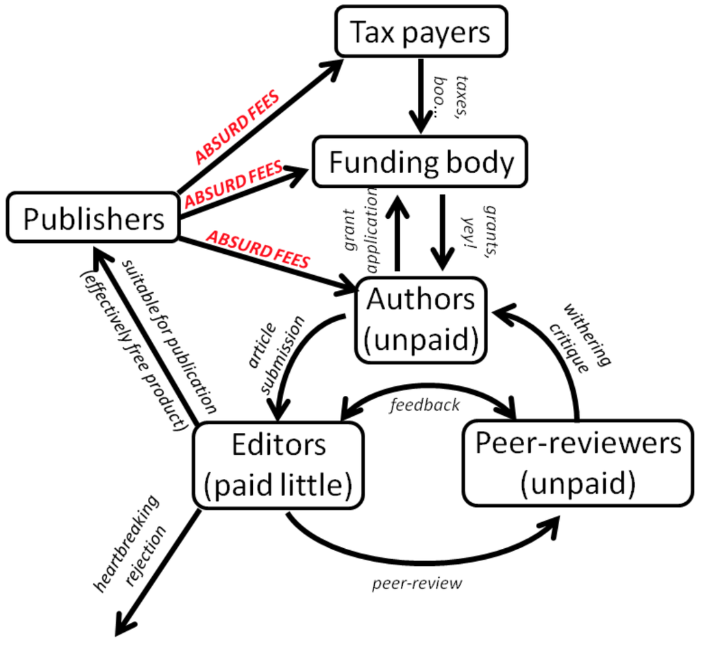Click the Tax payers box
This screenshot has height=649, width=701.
(x=421, y=32)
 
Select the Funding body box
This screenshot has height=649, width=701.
(x=420, y=162)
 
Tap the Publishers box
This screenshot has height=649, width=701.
(x=93, y=218)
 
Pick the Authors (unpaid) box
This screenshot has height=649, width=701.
(x=421, y=320)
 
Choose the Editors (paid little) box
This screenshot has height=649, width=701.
(x=278, y=465)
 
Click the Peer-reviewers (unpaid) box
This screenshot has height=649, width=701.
(x=578, y=464)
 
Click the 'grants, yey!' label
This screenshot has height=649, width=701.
(x=480, y=231)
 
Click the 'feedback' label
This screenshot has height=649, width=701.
(x=425, y=405)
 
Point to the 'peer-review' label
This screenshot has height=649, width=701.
(x=417, y=584)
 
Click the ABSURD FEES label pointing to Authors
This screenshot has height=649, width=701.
(x=258, y=249)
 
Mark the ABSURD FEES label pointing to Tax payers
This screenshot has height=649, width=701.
(x=237, y=126)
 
